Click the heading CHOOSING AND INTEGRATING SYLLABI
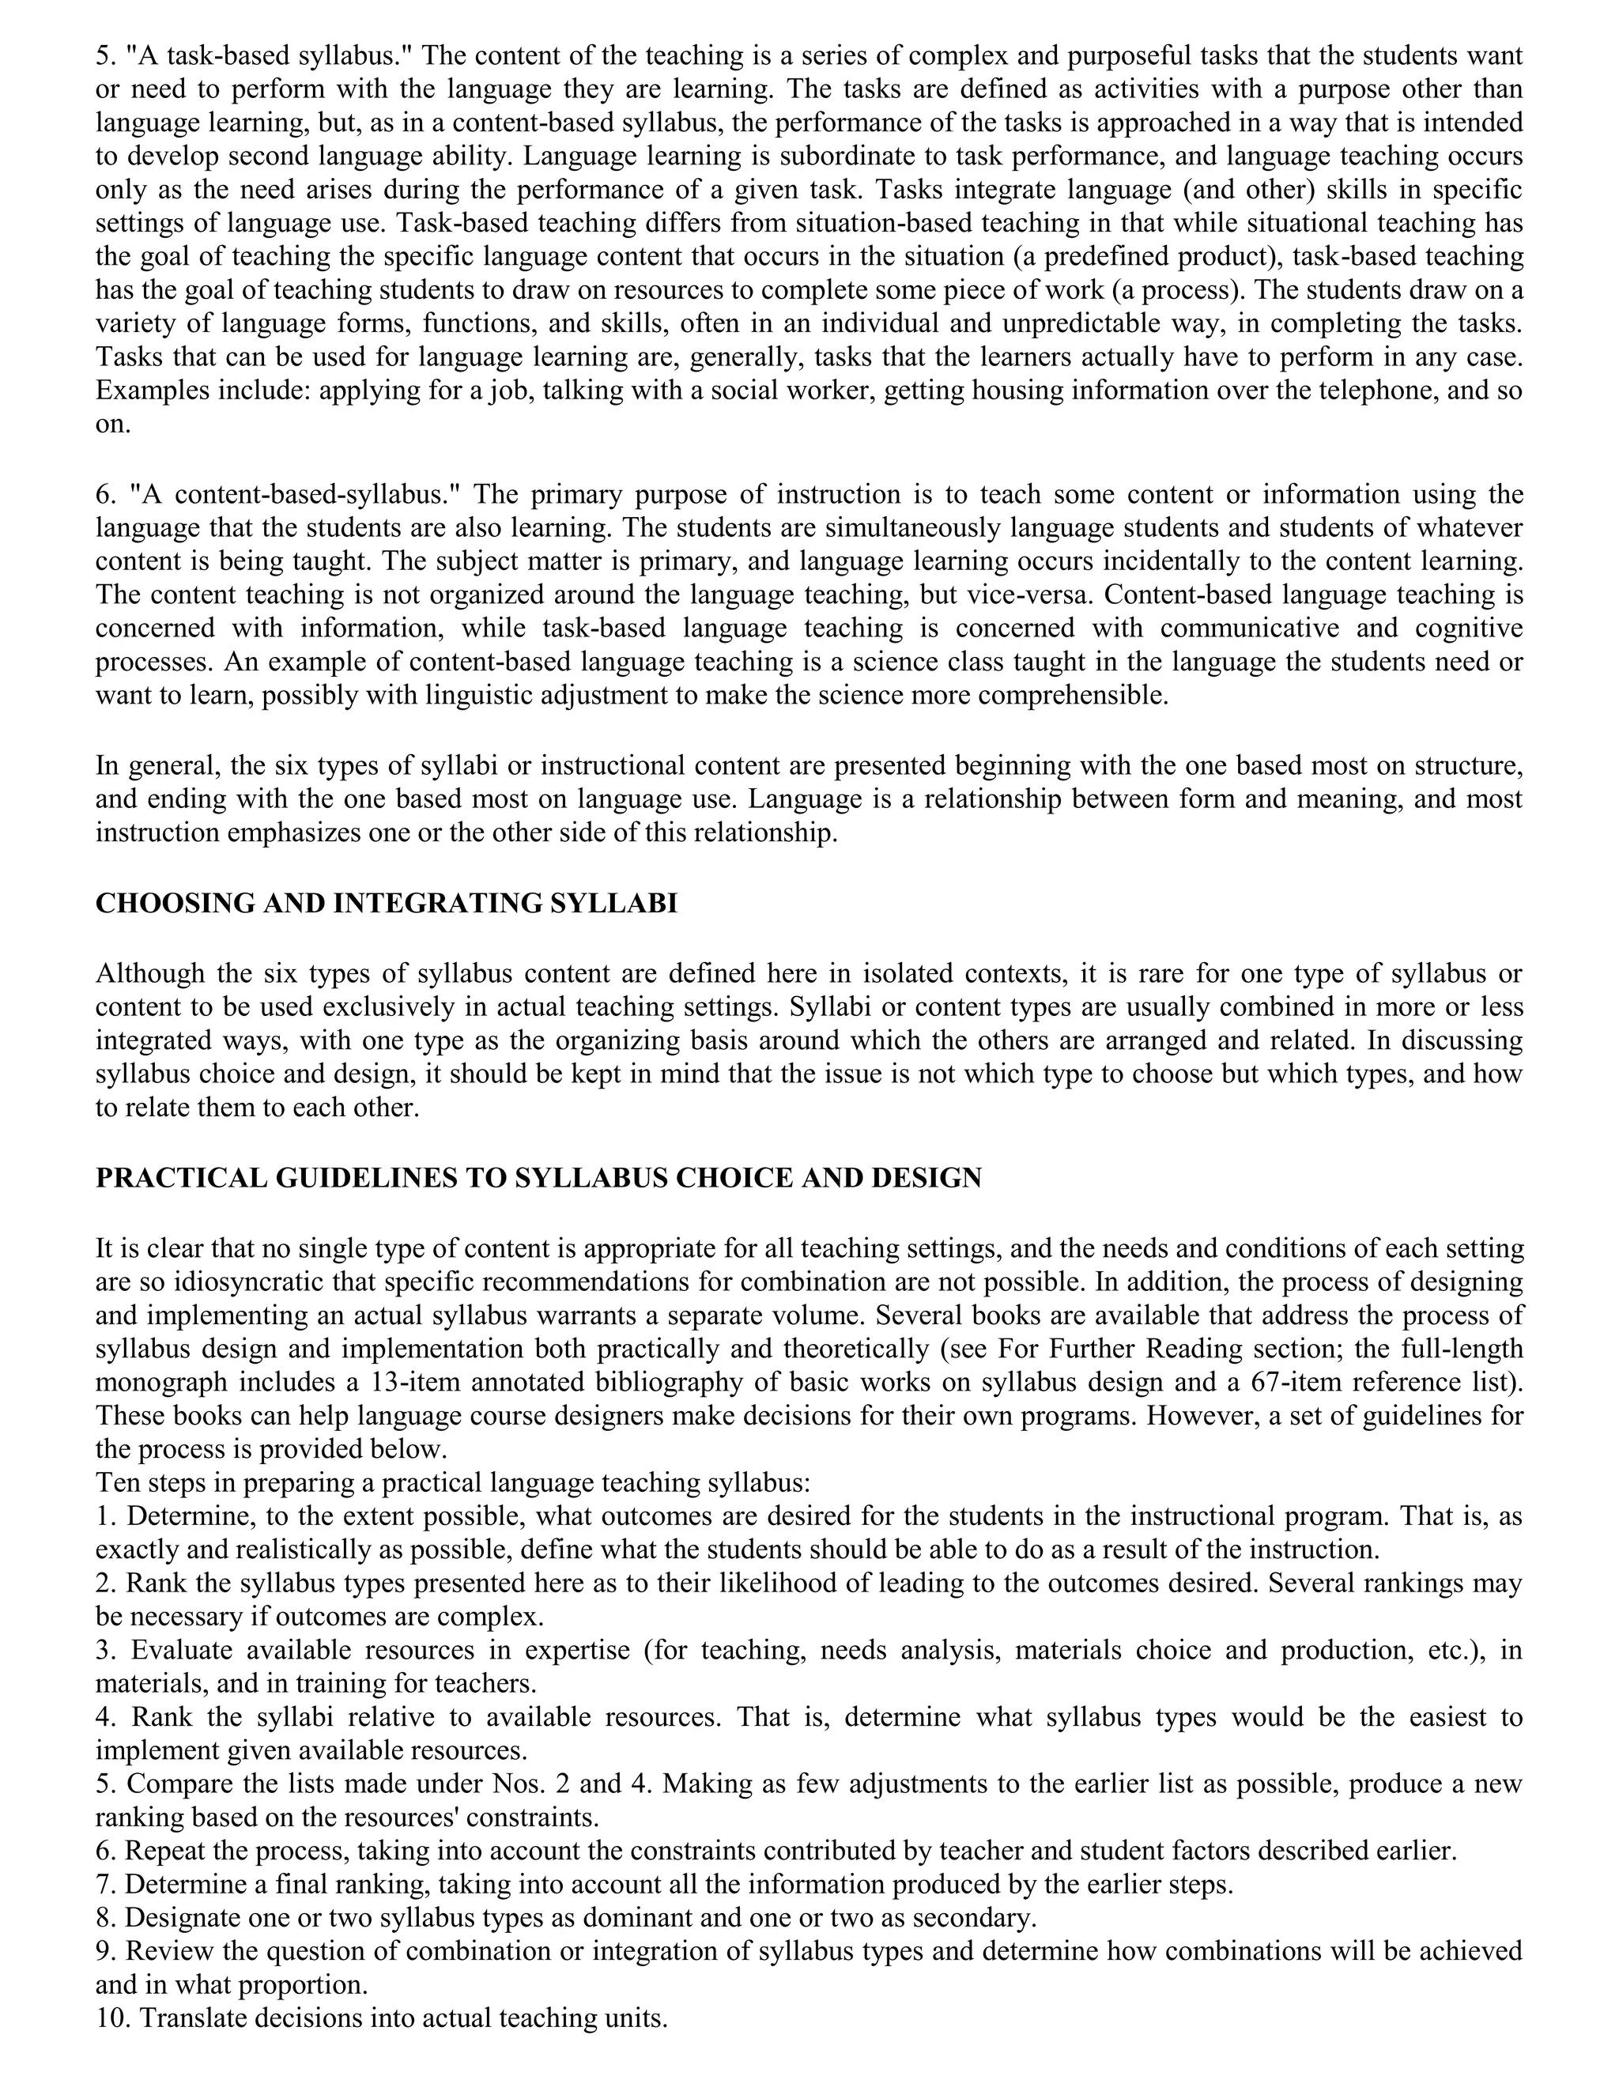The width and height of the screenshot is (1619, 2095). tap(386, 904)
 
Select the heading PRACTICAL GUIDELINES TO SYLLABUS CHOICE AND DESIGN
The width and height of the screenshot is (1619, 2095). tap(538, 1178)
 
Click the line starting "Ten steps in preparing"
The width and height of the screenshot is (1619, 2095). tap(453, 1483)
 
